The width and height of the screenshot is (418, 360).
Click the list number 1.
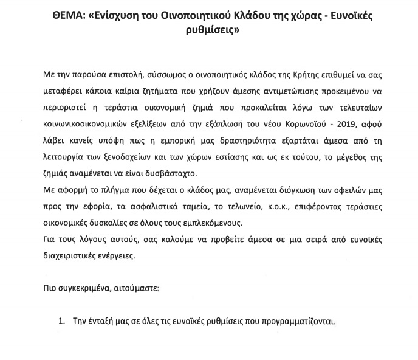[x=61, y=321]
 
